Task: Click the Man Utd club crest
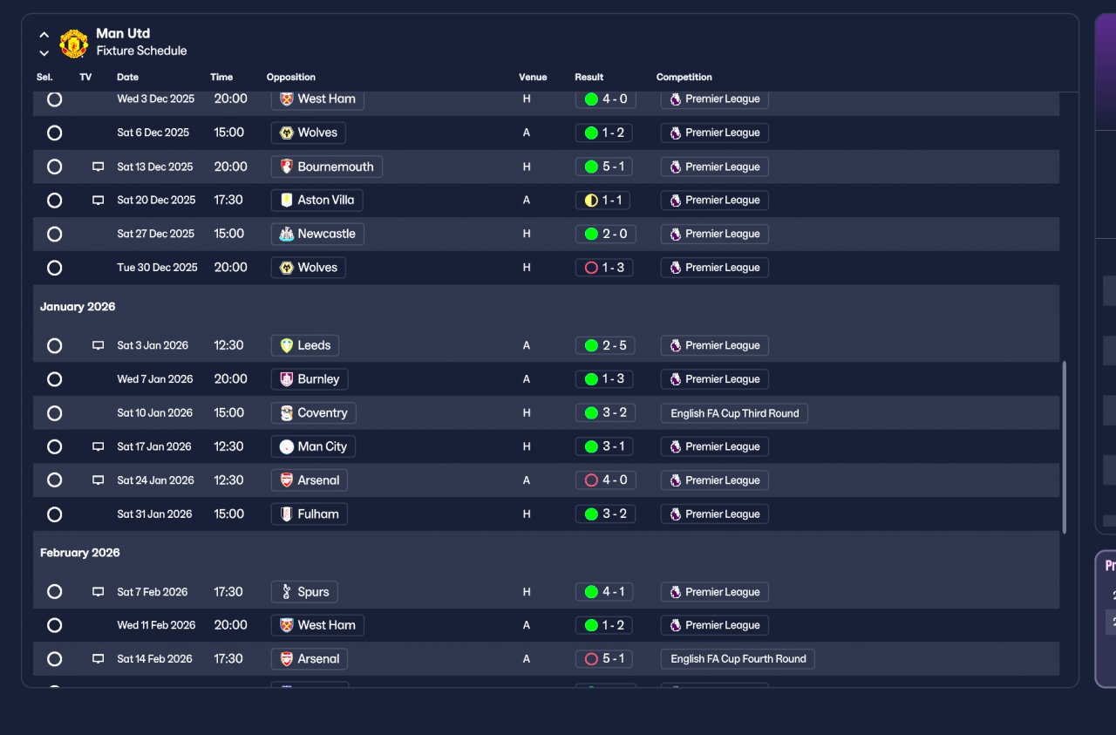pyautogui.click(x=74, y=44)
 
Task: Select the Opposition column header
pyautogui.click(x=290, y=78)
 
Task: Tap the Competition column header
pyautogui.click(x=684, y=78)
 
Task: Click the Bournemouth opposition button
pyautogui.click(x=327, y=167)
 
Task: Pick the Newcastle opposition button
pyautogui.click(x=317, y=234)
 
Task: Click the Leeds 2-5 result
pyautogui.click(x=605, y=345)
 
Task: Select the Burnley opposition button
pyautogui.click(x=310, y=379)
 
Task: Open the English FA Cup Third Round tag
pyautogui.click(x=734, y=413)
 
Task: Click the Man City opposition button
pyautogui.click(x=313, y=446)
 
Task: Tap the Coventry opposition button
pyautogui.click(x=313, y=413)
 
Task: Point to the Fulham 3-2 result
pyautogui.click(x=605, y=514)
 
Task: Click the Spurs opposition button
pyautogui.click(x=304, y=591)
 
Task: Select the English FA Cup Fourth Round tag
pyautogui.click(x=738, y=659)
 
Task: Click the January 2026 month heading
pyautogui.click(x=78, y=306)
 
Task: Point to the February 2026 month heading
pyautogui.click(x=79, y=553)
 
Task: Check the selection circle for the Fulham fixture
pyautogui.click(x=54, y=514)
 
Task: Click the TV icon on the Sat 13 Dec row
pyautogui.click(x=99, y=167)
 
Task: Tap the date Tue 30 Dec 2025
pyautogui.click(x=157, y=268)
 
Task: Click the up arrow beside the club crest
pyautogui.click(x=44, y=35)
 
